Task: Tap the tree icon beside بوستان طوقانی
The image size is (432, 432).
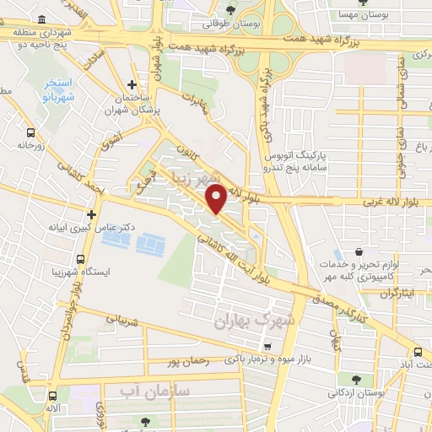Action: pos(230,9)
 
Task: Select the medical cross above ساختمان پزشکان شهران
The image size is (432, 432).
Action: pos(132,84)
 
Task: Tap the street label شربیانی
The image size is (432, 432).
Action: pos(121,320)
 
